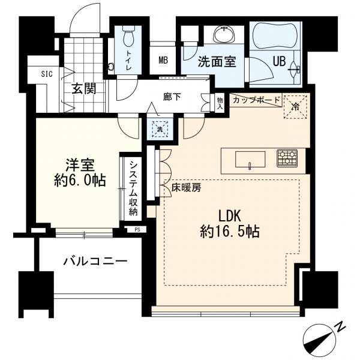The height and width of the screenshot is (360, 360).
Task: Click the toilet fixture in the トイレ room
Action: coord(128,38)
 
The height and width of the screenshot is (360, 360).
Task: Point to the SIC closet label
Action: coord(47,74)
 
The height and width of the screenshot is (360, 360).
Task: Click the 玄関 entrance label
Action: coord(85,89)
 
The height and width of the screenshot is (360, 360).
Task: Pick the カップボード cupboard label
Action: coord(256,100)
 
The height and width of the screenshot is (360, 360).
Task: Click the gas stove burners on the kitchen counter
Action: coord(286,158)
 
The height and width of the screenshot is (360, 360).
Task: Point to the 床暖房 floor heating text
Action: coord(187,187)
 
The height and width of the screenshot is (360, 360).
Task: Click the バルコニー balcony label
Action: coord(95,262)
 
